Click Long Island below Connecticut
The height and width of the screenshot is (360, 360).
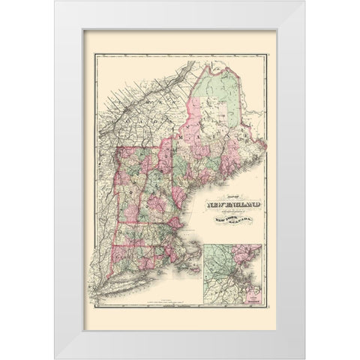click(x=135, y=289)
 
